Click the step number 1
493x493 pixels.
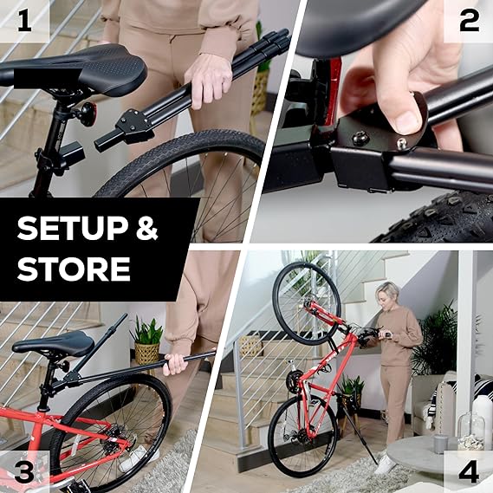click(x=23, y=22)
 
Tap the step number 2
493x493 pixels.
click(x=468, y=22)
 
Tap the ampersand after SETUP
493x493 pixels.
click(x=146, y=230)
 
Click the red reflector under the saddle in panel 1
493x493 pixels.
click(x=87, y=113)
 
